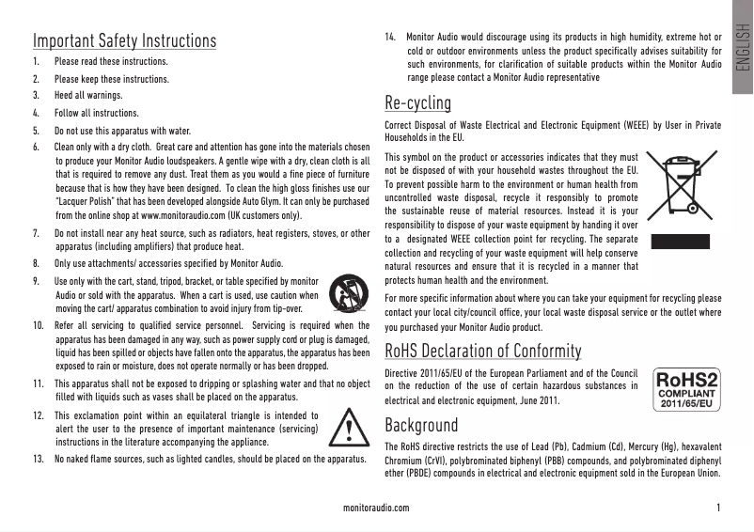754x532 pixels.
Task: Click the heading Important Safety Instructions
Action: [124, 41]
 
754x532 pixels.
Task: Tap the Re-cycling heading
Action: [418, 102]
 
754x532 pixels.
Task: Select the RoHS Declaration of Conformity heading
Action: [483, 352]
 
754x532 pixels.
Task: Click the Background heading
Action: [421, 425]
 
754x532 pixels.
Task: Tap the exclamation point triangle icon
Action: [349, 428]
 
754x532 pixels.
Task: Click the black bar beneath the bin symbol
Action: [682, 241]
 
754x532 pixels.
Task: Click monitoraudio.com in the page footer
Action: [377, 508]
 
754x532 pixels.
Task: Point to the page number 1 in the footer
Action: [718, 508]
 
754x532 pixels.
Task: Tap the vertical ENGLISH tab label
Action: [742, 56]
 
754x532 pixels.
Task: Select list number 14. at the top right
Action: [391, 38]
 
